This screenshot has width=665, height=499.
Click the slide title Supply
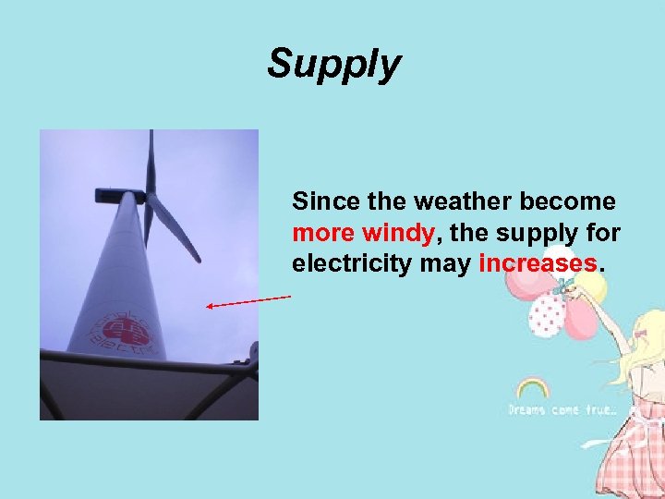coord(334,65)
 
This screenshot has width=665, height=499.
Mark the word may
coord(449,264)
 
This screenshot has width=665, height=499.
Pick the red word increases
coord(538,264)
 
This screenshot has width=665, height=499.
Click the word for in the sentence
coord(600,233)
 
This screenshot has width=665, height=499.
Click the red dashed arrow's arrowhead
coord(211,306)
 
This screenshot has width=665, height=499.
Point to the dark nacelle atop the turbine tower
coord(121,195)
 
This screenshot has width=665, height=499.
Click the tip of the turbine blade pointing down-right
coord(197,259)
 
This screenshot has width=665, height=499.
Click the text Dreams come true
coord(562,409)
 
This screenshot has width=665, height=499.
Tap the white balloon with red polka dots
coord(546,314)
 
